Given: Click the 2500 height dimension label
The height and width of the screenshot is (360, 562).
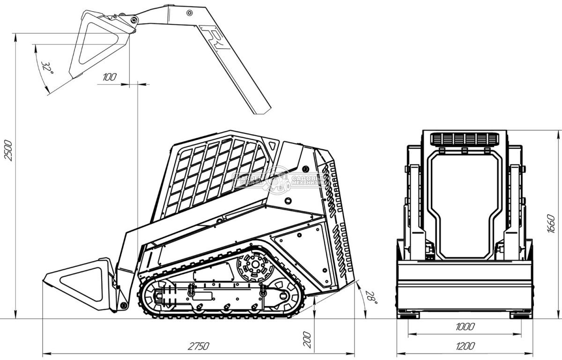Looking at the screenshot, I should click(8, 150).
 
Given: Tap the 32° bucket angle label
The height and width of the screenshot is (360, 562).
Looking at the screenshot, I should click(47, 69).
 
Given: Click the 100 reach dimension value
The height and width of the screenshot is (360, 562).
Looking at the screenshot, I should click(109, 77).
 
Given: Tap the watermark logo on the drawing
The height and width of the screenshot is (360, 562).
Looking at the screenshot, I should click(281, 179).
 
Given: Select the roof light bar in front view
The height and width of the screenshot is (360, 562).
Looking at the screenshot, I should click(464, 139).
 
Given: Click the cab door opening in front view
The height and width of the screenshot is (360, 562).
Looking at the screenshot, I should click(464, 206).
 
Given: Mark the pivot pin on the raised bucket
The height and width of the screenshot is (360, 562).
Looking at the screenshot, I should click(134, 20).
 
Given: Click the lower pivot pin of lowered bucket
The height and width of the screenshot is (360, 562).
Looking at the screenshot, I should click(123, 305).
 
